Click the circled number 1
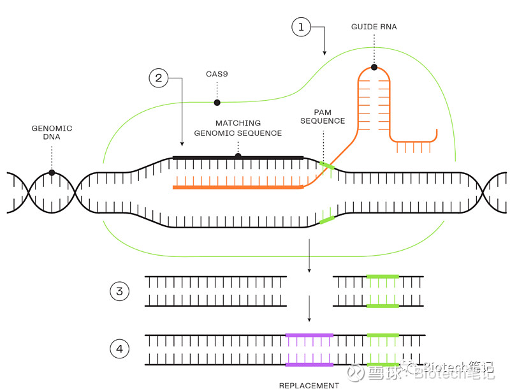301,27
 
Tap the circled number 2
159,78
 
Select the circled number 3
119,291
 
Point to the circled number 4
119,349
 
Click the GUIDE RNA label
374,27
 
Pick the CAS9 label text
217,74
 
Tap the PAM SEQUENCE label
323,117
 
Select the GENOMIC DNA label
52,133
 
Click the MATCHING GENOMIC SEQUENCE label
238,128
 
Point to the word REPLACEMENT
309,385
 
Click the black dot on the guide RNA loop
374,67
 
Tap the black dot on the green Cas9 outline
217,102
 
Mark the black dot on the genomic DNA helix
52,172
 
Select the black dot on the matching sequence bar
238,156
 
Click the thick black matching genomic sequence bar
268,157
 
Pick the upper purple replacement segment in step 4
309,335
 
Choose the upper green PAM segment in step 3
382,277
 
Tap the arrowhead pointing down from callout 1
324,52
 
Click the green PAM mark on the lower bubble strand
326,220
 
